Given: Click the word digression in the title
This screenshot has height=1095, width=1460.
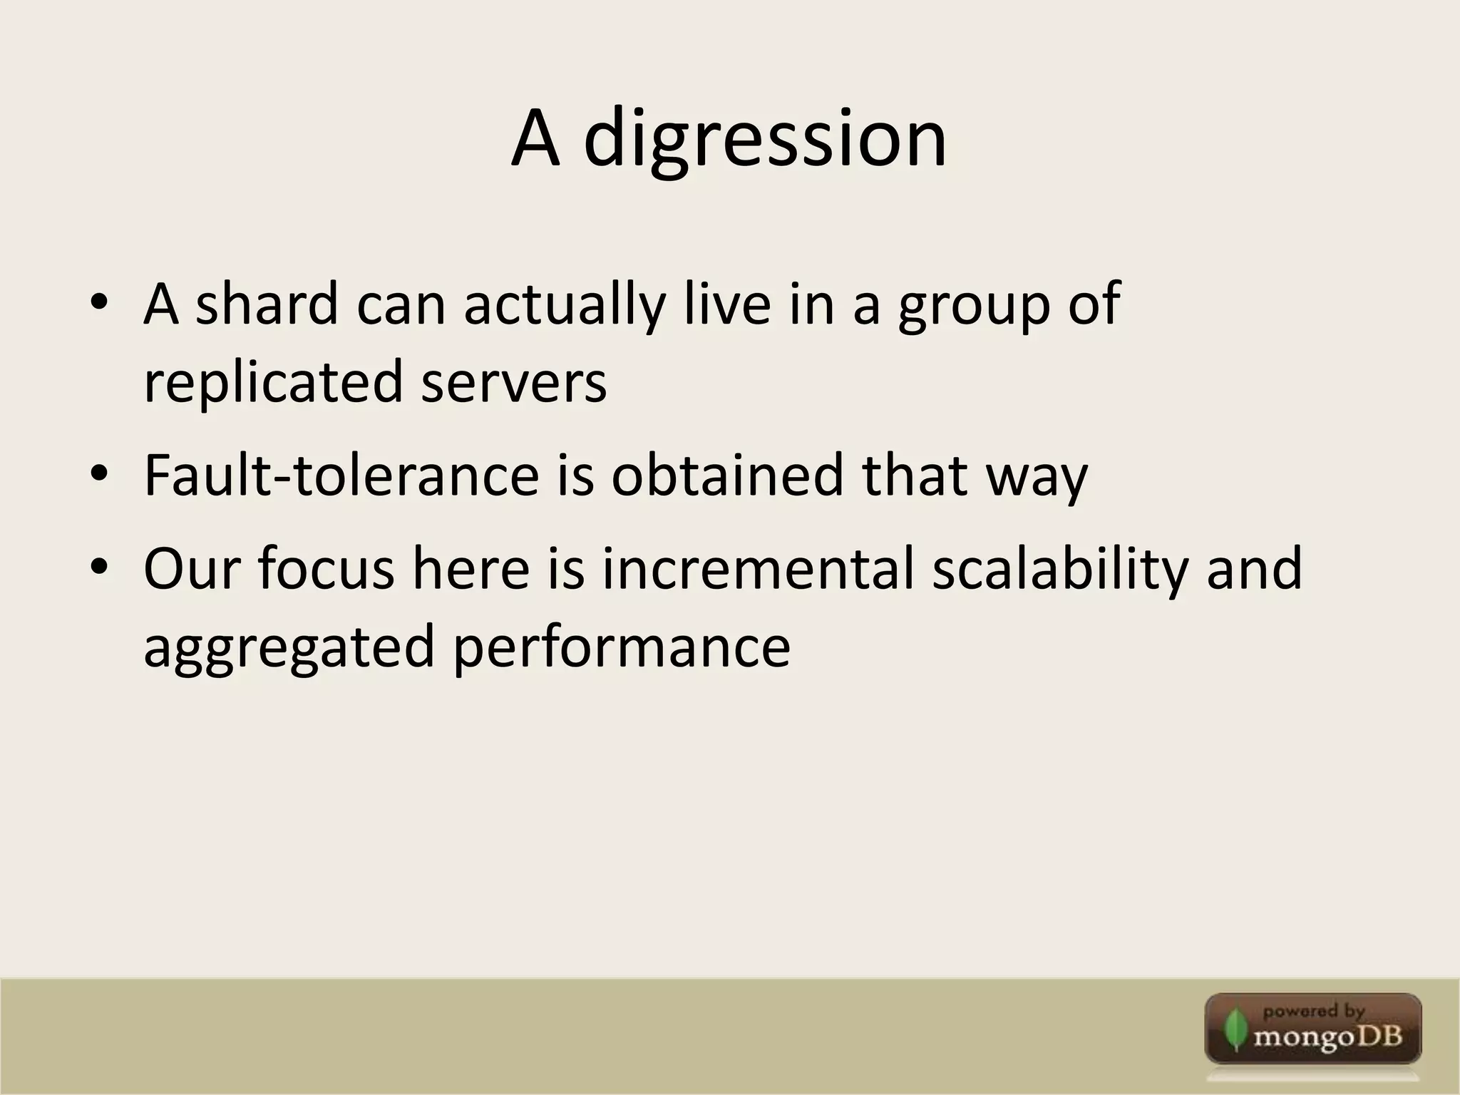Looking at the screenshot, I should [x=765, y=139].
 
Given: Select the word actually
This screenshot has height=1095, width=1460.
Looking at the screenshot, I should [x=564, y=305].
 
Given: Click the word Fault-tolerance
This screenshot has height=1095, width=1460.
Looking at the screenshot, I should [x=341, y=475].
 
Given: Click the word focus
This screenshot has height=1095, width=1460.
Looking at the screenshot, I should [x=326, y=569].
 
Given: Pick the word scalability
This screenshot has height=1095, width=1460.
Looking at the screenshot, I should [x=1060, y=569].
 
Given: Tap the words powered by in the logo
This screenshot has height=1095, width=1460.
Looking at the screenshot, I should [x=1313, y=1011].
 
